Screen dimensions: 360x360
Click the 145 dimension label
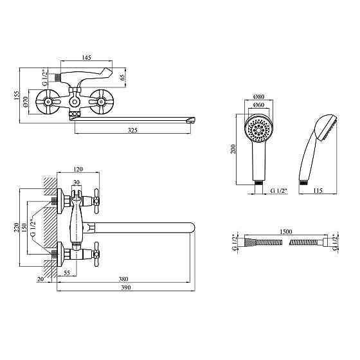click(87, 57)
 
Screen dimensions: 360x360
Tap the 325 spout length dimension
click(132, 130)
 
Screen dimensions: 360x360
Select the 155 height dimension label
click(16, 95)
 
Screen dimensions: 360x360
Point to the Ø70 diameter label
click(25, 102)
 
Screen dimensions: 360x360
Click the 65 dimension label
click(122, 77)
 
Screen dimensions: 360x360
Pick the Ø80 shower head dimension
click(258, 96)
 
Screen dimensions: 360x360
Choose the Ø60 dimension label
click(258, 105)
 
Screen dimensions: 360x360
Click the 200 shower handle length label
click(233, 149)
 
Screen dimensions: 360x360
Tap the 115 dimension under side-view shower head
click(318, 190)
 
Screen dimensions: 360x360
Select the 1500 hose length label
click(286, 231)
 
